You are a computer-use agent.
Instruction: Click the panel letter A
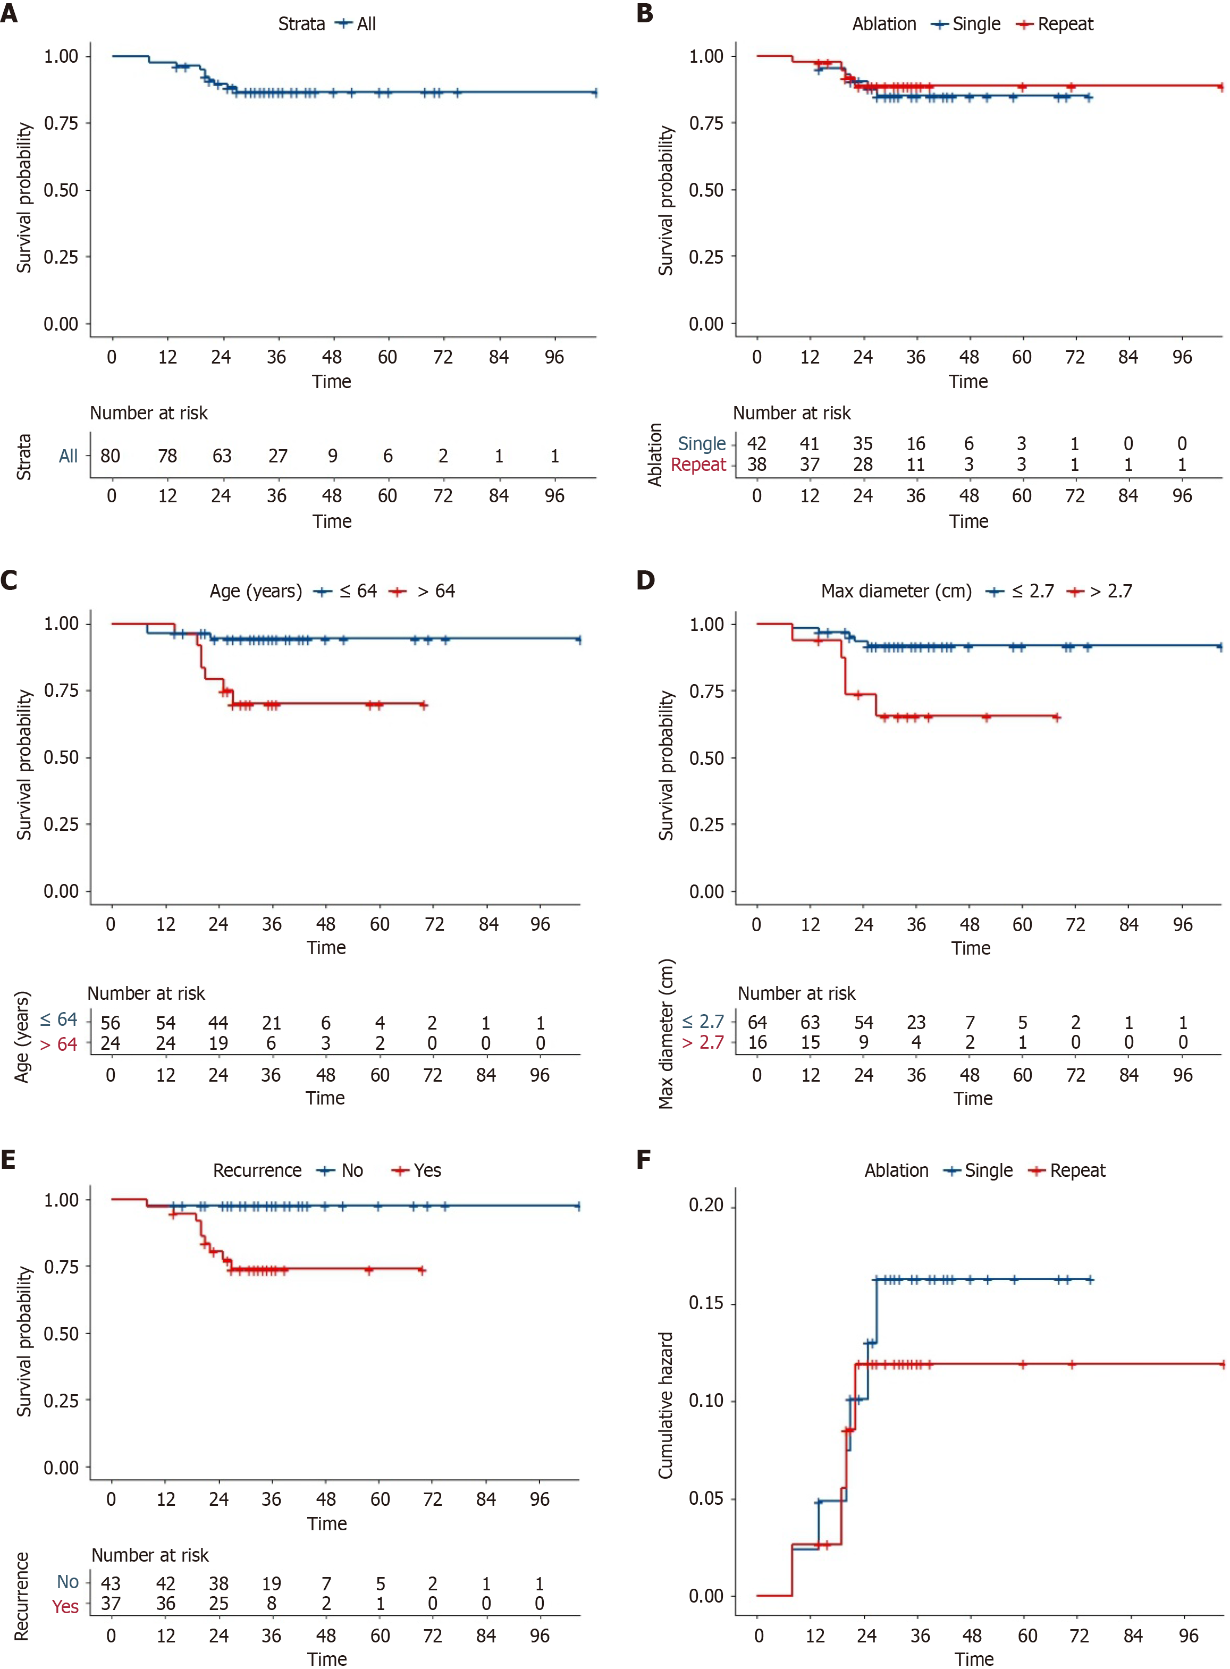(9, 13)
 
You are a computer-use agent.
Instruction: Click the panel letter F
(645, 1159)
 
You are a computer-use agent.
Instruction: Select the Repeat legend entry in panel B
(1065, 24)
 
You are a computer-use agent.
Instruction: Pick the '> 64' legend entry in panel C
(435, 592)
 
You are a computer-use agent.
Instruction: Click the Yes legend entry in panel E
(427, 1171)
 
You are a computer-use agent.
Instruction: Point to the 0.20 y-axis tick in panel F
(706, 1204)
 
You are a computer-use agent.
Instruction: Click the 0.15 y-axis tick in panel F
(706, 1303)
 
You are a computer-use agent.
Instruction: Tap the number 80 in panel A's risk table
(110, 456)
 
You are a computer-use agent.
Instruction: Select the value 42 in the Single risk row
(757, 444)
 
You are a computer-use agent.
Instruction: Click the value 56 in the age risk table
(110, 1023)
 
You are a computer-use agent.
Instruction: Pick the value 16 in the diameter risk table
(757, 1043)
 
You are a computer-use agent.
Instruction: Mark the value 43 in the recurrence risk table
(110, 1583)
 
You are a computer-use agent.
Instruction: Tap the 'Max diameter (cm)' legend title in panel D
(896, 592)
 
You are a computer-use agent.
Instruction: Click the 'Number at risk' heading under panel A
(149, 413)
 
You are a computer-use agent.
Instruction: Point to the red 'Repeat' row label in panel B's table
(698, 465)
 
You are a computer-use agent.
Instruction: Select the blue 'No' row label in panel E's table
(68, 1582)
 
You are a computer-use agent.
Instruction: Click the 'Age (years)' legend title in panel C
(255, 592)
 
